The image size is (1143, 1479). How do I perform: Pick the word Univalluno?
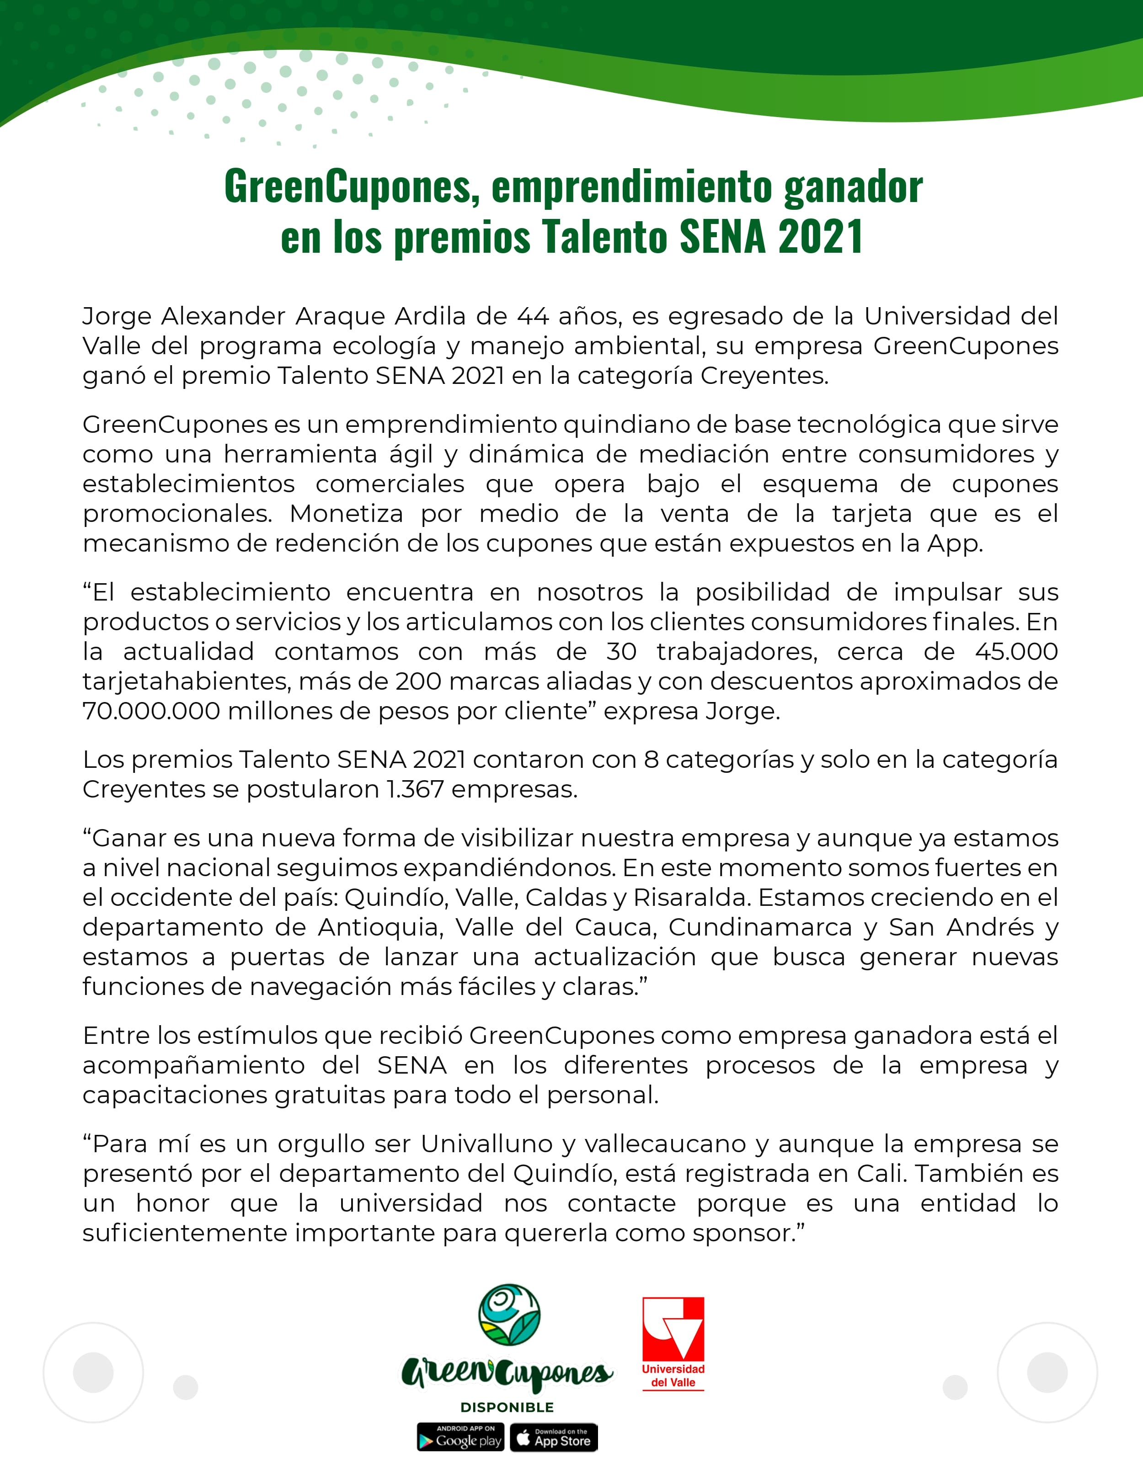pos(486,1144)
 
